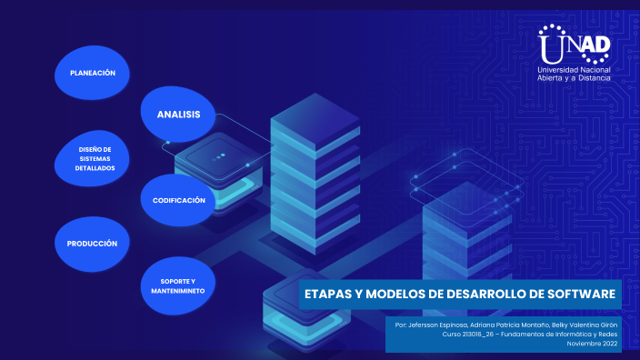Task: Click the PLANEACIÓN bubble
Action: (x=93, y=72)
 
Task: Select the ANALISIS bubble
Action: (x=178, y=114)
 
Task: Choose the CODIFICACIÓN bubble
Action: (x=179, y=199)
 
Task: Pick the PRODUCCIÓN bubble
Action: (x=93, y=244)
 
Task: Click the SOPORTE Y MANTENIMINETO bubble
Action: (x=177, y=285)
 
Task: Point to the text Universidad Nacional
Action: (x=575, y=70)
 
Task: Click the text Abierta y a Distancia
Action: (x=575, y=79)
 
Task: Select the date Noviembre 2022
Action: (x=592, y=344)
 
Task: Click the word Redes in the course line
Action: (x=608, y=334)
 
